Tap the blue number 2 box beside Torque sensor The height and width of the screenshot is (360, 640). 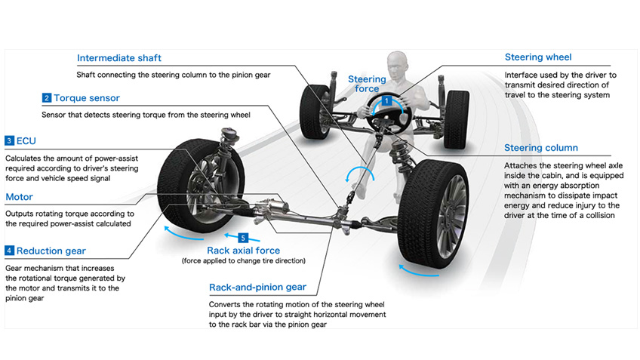47,98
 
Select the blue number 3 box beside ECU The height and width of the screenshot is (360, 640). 9,140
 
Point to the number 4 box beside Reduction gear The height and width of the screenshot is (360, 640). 9,251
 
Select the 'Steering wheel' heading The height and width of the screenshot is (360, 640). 538,57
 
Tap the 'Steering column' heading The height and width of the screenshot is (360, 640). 540,148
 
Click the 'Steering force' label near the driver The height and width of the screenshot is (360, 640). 367,84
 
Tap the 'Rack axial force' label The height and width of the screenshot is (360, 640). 243,251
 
